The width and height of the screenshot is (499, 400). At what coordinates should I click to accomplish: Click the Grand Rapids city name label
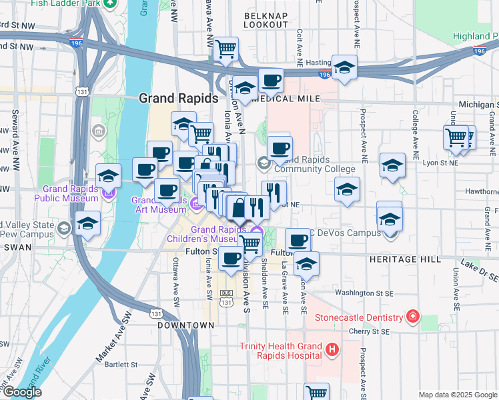(x=178, y=98)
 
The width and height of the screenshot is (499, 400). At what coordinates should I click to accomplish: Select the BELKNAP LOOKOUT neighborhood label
(x=266, y=19)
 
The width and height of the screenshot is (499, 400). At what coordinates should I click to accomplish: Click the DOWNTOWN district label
(x=186, y=325)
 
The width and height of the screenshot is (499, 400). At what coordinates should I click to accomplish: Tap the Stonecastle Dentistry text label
(x=358, y=317)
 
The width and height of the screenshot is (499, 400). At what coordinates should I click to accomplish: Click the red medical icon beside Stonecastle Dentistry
(x=414, y=316)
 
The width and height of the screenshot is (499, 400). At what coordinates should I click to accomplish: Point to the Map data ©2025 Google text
(x=457, y=395)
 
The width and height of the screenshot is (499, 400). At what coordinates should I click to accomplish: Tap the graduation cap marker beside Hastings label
(x=344, y=67)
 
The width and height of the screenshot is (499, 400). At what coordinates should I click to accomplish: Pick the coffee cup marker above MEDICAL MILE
(x=271, y=81)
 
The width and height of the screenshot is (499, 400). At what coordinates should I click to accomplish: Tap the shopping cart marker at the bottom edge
(x=316, y=393)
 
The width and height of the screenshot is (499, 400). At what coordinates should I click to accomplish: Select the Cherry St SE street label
(x=372, y=331)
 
